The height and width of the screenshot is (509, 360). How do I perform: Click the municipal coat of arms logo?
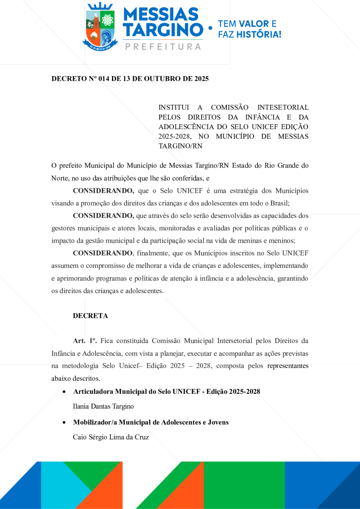click(100, 28)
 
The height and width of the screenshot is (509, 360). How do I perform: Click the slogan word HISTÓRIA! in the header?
click(259, 34)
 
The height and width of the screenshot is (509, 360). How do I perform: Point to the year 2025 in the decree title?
click(201, 79)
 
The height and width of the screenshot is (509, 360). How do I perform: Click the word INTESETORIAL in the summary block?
click(283, 108)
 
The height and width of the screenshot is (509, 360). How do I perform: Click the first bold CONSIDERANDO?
click(103, 190)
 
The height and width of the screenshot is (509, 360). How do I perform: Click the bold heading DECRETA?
click(90, 315)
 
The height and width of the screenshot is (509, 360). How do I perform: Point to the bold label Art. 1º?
click(85, 341)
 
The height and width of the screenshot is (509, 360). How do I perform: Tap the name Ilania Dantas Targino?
click(103, 406)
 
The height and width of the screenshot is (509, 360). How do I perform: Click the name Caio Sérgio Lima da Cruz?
click(111, 437)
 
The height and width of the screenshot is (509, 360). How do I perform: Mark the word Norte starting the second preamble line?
click(60, 178)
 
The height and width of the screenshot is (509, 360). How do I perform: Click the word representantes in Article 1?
click(288, 366)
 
